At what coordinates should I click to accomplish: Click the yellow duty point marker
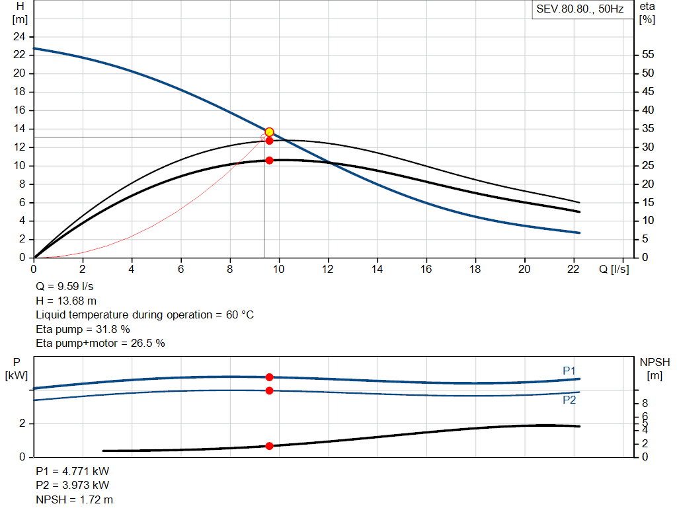point(269,132)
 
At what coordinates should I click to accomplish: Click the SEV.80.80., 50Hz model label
point(580,9)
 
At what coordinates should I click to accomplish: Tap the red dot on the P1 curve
point(270,377)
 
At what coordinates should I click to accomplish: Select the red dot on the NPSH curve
point(270,446)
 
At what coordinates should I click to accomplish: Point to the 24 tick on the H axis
point(19,37)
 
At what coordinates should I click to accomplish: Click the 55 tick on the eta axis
point(648,54)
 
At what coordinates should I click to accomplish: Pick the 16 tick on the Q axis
point(426,269)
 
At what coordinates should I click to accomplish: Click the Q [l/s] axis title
point(614,269)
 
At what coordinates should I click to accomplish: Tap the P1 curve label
point(569,371)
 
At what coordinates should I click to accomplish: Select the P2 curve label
point(569,400)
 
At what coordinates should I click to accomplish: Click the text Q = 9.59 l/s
point(64,287)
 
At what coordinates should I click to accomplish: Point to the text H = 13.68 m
point(66,301)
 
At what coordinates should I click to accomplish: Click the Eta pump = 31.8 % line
point(83,329)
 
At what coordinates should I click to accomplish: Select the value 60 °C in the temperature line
point(239,314)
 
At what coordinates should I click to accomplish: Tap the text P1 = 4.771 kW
point(73,471)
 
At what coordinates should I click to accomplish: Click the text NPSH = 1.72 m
point(74,499)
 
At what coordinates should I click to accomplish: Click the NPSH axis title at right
point(655,369)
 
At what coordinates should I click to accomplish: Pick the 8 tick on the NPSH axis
point(645,404)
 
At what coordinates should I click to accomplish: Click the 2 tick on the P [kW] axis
point(22,424)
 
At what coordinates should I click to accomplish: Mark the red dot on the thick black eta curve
point(270,161)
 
